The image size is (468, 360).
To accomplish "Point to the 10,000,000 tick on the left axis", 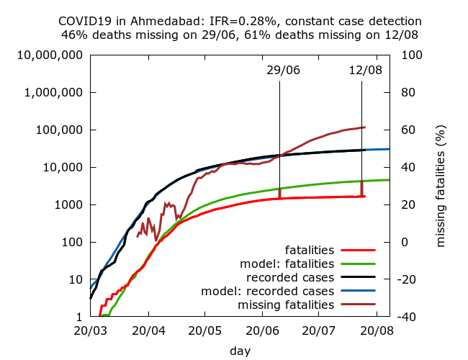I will pos(50,55).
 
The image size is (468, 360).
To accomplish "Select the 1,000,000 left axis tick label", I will pos(53,93).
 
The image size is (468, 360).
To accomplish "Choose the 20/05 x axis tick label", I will pos(204,332).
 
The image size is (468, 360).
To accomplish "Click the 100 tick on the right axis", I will pos(410,55).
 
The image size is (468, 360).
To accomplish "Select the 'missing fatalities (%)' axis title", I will pos(441,186).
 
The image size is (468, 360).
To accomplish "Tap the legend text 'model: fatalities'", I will pos(289,264).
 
